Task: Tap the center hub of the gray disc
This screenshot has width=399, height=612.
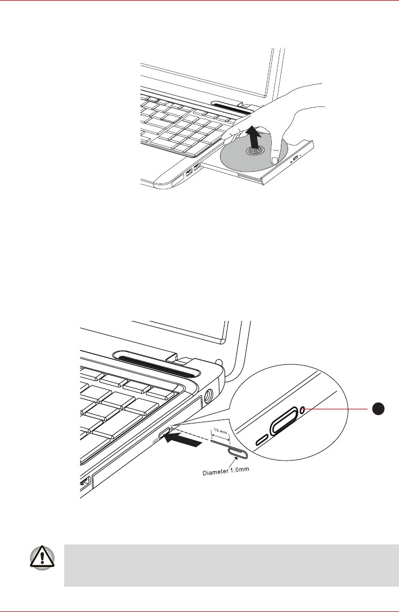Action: (x=254, y=151)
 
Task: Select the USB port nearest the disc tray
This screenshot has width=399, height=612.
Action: (x=196, y=167)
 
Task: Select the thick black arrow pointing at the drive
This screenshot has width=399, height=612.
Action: (x=185, y=440)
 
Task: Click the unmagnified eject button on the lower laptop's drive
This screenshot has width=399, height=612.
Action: (x=165, y=434)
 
